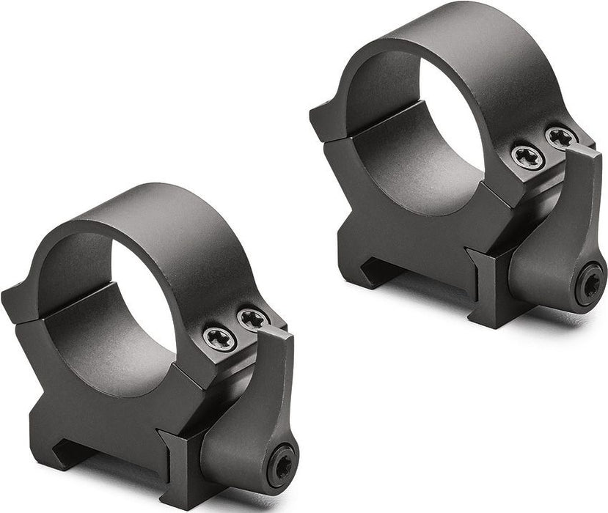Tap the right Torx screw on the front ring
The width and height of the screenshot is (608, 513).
(x=253, y=319)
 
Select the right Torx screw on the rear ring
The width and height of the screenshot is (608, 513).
(x=561, y=136)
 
